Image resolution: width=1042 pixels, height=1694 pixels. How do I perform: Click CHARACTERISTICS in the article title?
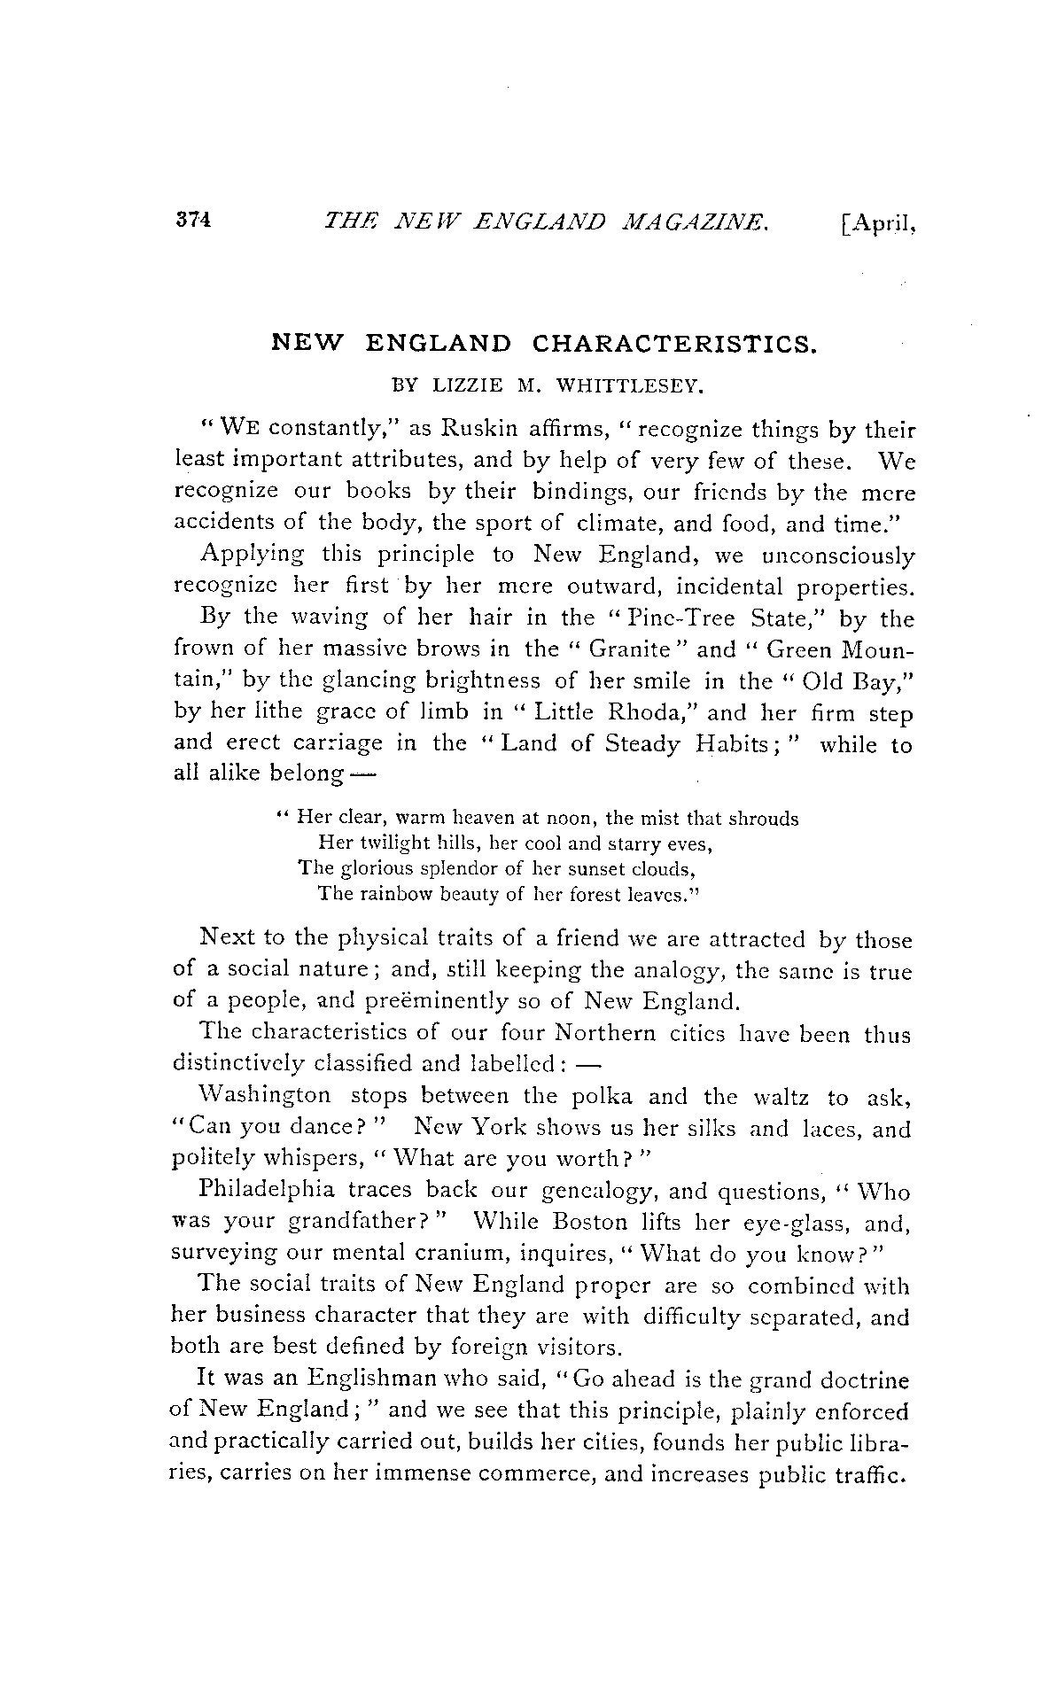[x=673, y=343]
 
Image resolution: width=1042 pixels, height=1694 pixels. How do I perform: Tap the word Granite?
[x=635, y=649]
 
